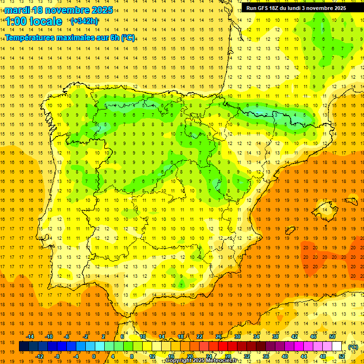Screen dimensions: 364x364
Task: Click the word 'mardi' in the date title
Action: click(17, 10)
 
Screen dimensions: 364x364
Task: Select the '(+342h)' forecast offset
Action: click(84, 21)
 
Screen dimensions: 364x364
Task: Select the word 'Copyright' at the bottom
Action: click(180, 361)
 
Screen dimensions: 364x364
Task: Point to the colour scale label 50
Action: click(332, 337)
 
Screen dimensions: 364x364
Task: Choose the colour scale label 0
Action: click(93, 356)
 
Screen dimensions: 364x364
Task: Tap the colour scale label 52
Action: click(341, 356)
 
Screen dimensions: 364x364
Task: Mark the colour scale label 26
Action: click(218, 337)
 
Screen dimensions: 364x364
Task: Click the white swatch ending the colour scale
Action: click(337, 346)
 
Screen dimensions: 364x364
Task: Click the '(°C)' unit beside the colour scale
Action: click(353, 347)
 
